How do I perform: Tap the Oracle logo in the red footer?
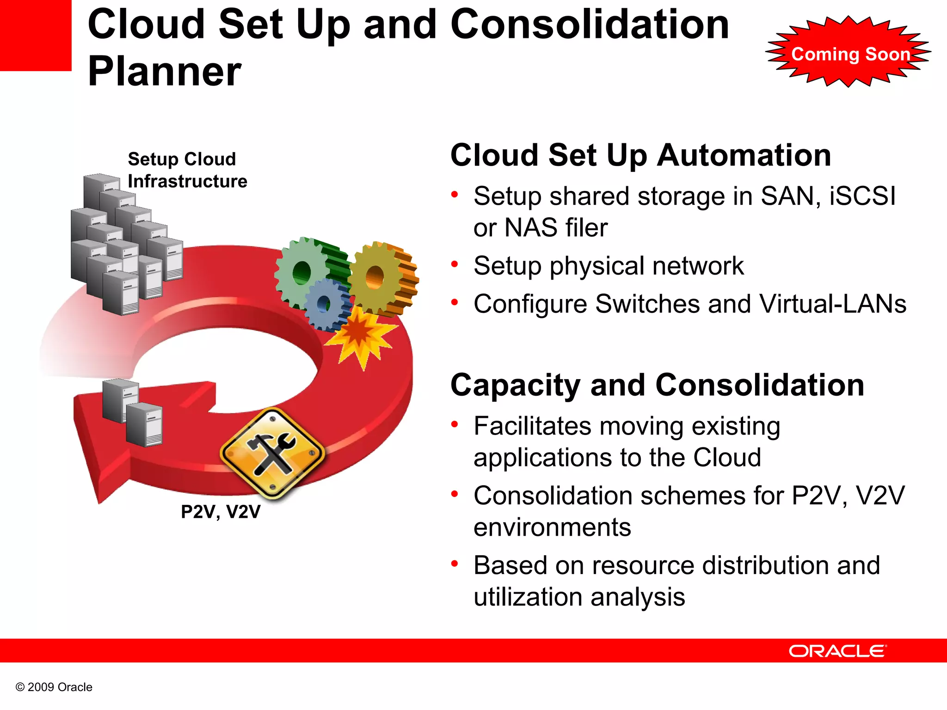[x=837, y=651]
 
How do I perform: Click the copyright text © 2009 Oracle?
[x=54, y=687]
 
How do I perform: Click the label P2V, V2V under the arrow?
[x=221, y=512]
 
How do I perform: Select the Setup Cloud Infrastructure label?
[x=187, y=170]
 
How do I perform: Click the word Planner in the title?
[x=165, y=72]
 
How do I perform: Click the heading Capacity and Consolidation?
[x=657, y=385]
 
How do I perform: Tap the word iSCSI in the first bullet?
[x=862, y=196]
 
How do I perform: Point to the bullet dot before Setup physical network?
[x=455, y=264]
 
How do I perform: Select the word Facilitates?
[x=532, y=426]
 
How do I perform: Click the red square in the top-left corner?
[x=35, y=35]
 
